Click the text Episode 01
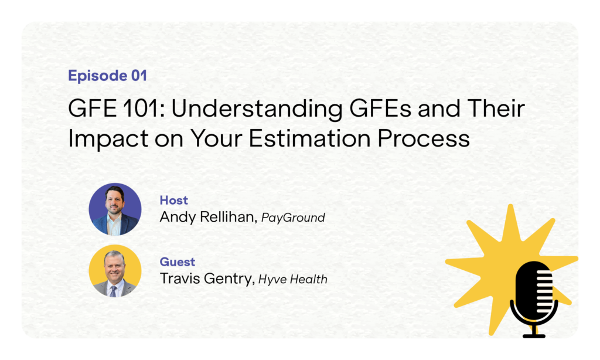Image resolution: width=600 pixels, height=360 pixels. click(108, 76)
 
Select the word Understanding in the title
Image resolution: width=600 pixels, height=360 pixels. click(257, 109)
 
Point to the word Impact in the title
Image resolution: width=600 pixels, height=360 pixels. click(108, 138)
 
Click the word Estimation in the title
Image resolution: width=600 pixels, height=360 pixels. click(309, 138)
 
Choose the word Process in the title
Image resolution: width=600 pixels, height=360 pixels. click(424, 138)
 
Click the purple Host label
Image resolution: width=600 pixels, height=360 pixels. click(173, 200)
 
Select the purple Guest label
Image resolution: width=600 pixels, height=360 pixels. click(177, 261)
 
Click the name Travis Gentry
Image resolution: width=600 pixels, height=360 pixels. click(207, 279)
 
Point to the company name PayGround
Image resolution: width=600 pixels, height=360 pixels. click(293, 218)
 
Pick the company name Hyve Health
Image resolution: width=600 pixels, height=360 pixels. click(293, 279)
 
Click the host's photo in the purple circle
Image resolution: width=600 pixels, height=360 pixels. click(115, 209)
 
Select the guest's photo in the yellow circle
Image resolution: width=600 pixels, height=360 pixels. click(115, 271)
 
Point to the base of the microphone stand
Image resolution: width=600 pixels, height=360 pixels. click(534, 336)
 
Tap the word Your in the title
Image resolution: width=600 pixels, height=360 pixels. click(217, 138)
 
